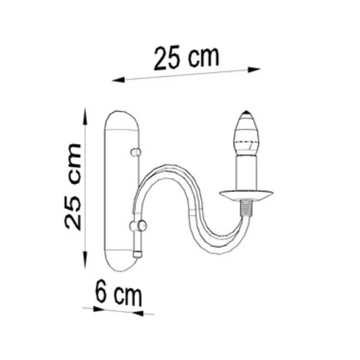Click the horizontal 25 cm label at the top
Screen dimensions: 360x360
pos(187,58)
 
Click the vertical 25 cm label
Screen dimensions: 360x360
pos(73,187)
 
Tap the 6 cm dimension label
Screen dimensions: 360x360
pos(118,293)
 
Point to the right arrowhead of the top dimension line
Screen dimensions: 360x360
pos(254,70)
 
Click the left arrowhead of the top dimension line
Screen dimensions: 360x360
pos(118,80)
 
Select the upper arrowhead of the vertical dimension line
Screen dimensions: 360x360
pos(85,116)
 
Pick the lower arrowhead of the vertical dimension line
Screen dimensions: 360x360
pos(85,259)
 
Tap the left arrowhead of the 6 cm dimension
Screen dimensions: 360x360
pos(99,309)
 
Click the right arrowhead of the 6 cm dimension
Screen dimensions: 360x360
pos(138,313)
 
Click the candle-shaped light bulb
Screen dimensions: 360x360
pos(246,133)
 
